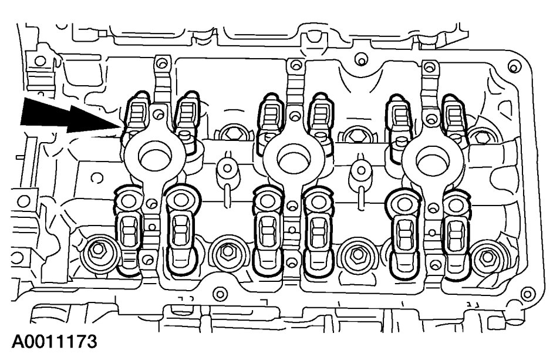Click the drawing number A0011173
54,342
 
